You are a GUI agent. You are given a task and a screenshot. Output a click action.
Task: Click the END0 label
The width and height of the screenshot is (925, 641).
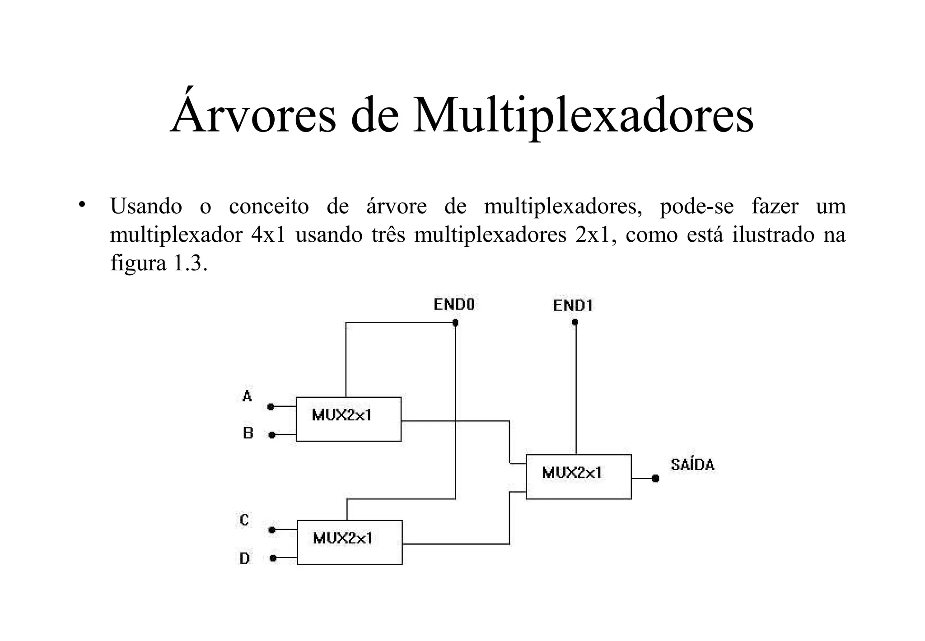[x=454, y=305]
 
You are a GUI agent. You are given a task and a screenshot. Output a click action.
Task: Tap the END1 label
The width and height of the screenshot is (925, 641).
[x=573, y=306]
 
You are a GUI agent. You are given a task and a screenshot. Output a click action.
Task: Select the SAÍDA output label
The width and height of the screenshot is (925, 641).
[x=692, y=465]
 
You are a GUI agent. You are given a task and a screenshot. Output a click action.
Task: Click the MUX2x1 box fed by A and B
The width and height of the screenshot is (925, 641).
[x=348, y=419]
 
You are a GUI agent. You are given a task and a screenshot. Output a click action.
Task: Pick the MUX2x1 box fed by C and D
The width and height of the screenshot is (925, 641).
[x=350, y=542]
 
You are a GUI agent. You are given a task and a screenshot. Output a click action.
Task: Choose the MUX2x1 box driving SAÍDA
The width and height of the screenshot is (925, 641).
[x=579, y=476]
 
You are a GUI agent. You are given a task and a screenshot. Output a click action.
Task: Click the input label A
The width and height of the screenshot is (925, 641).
[x=247, y=396]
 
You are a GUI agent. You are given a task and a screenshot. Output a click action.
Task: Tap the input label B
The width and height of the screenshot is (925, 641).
[x=248, y=433]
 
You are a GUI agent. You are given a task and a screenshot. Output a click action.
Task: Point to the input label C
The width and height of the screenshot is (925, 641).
[x=244, y=520]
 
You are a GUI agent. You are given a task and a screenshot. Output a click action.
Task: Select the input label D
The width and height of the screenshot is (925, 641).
[x=244, y=559]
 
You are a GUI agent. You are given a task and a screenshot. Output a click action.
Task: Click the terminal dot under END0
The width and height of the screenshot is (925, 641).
[x=455, y=323]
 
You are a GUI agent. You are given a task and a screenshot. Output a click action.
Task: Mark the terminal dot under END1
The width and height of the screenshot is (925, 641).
[x=575, y=322]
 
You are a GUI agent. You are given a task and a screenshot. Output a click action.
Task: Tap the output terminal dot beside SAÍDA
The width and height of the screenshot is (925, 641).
[x=656, y=478]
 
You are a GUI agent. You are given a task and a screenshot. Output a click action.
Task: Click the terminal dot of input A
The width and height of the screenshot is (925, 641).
[x=271, y=407]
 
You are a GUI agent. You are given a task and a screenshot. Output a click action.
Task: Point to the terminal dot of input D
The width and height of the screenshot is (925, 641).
[x=273, y=558]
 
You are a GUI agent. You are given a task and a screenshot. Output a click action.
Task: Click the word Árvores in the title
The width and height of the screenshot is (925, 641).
[x=253, y=114]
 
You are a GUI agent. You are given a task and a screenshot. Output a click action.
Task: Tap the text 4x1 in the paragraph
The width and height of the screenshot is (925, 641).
[x=268, y=235]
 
